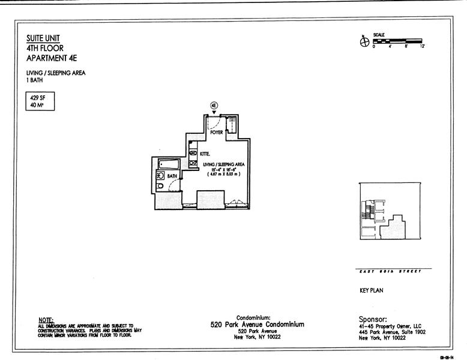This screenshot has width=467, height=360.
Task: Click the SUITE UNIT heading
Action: tap(44, 38)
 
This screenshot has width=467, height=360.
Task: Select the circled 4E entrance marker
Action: tap(214, 105)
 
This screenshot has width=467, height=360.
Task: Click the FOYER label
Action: tap(217, 133)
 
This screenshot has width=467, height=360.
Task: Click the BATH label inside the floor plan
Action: tap(172, 176)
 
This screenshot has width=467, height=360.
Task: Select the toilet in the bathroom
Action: tap(160, 186)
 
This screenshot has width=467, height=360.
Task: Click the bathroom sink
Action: tap(160, 176)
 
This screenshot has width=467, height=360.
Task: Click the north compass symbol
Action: tap(363, 41)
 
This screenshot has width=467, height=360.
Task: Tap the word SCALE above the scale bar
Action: tap(379, 35)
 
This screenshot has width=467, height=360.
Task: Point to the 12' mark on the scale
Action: tap(423, 46)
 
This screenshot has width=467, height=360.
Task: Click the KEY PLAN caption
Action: tap(371, 290)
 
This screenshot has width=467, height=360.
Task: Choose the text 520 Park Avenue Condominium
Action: tap(257, 324)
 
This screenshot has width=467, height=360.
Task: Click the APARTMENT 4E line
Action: tap(52, 58)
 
